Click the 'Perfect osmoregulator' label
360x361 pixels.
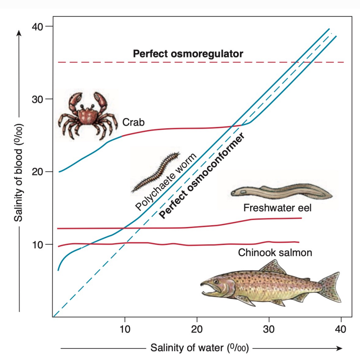pyautogui.click(x=188, y=54)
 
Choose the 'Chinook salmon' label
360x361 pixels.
pyautogui.click(x=275, y=252)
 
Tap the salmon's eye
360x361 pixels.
pyautogui.click(x=216, y=282)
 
